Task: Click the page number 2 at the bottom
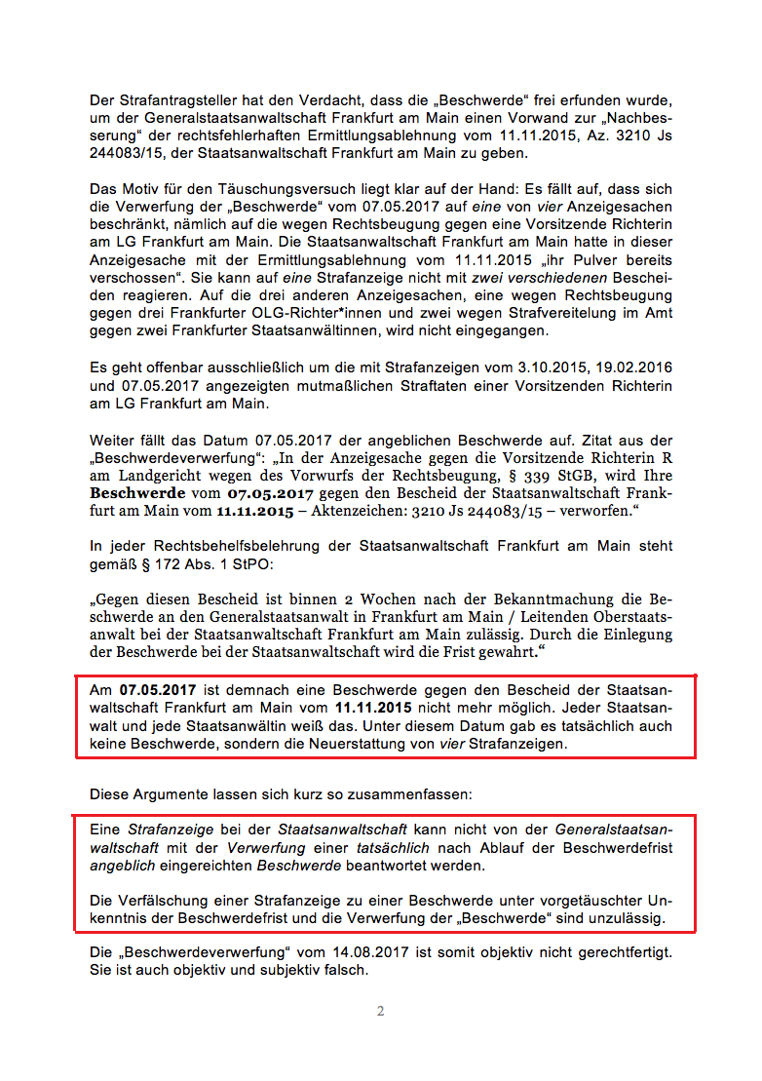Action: tap(380, 1011)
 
